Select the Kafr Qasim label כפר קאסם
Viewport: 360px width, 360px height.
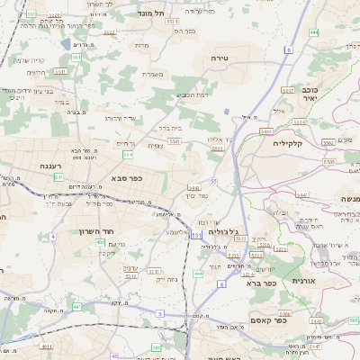tap(270, 319)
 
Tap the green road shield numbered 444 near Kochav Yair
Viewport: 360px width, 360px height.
tap(313, 32)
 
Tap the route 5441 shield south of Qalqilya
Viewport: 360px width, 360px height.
tap(301, 194)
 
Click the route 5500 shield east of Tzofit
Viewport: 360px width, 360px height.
tap(173, 141)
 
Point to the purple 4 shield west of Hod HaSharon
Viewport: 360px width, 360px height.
tap(52, 237)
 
